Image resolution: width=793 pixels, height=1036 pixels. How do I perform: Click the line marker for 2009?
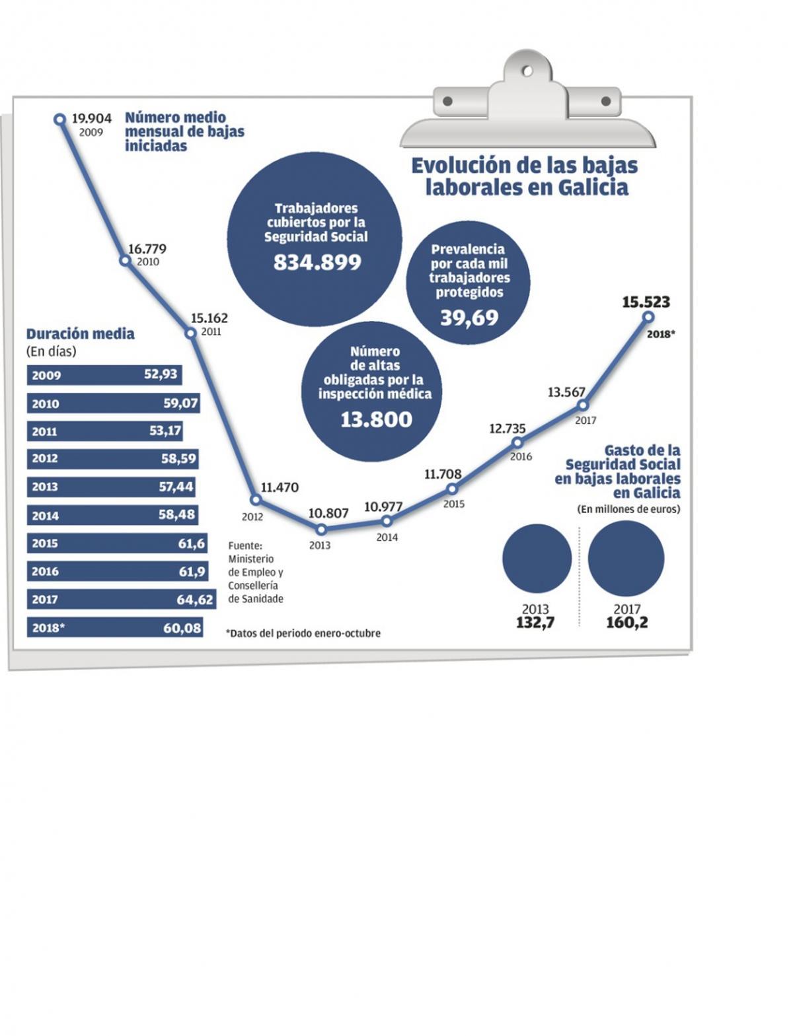(x=59, y=119)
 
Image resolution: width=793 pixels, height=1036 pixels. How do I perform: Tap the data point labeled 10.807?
(x=321, y=529)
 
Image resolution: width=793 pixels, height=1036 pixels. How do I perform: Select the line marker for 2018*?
(x=648, y=318)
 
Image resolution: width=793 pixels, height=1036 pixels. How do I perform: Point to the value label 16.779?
(x=147, y=249)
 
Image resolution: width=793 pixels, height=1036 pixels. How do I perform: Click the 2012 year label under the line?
(x=252, y=517)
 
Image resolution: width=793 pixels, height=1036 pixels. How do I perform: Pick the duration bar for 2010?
(x=113, y=403)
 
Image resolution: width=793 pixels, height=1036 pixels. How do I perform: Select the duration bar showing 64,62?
(x=122, y=600)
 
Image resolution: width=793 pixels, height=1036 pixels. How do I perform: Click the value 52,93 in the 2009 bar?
(x=161, y=374)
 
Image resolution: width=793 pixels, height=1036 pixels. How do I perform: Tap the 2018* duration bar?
(x=114, y=628)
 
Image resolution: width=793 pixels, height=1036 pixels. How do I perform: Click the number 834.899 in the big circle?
(x=317, y=263)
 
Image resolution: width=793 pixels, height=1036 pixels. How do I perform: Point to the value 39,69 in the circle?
(x=469, y=318)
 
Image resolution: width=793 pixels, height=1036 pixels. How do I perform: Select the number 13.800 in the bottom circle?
(x=376, y=419)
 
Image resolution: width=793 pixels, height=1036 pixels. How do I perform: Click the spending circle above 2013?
(x=537, y=559)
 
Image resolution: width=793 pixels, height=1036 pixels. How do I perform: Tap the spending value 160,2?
(x=626, y=623)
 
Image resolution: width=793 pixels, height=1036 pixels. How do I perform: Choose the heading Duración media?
(x=80, y=334)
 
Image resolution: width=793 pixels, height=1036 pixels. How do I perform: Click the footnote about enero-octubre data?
(x=303, y=633)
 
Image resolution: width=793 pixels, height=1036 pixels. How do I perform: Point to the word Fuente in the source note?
(x=245, y=545)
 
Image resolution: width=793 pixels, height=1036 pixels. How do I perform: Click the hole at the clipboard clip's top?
(x=527, y=70)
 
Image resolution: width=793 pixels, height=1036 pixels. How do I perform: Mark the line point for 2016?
(x=518, y=442)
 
